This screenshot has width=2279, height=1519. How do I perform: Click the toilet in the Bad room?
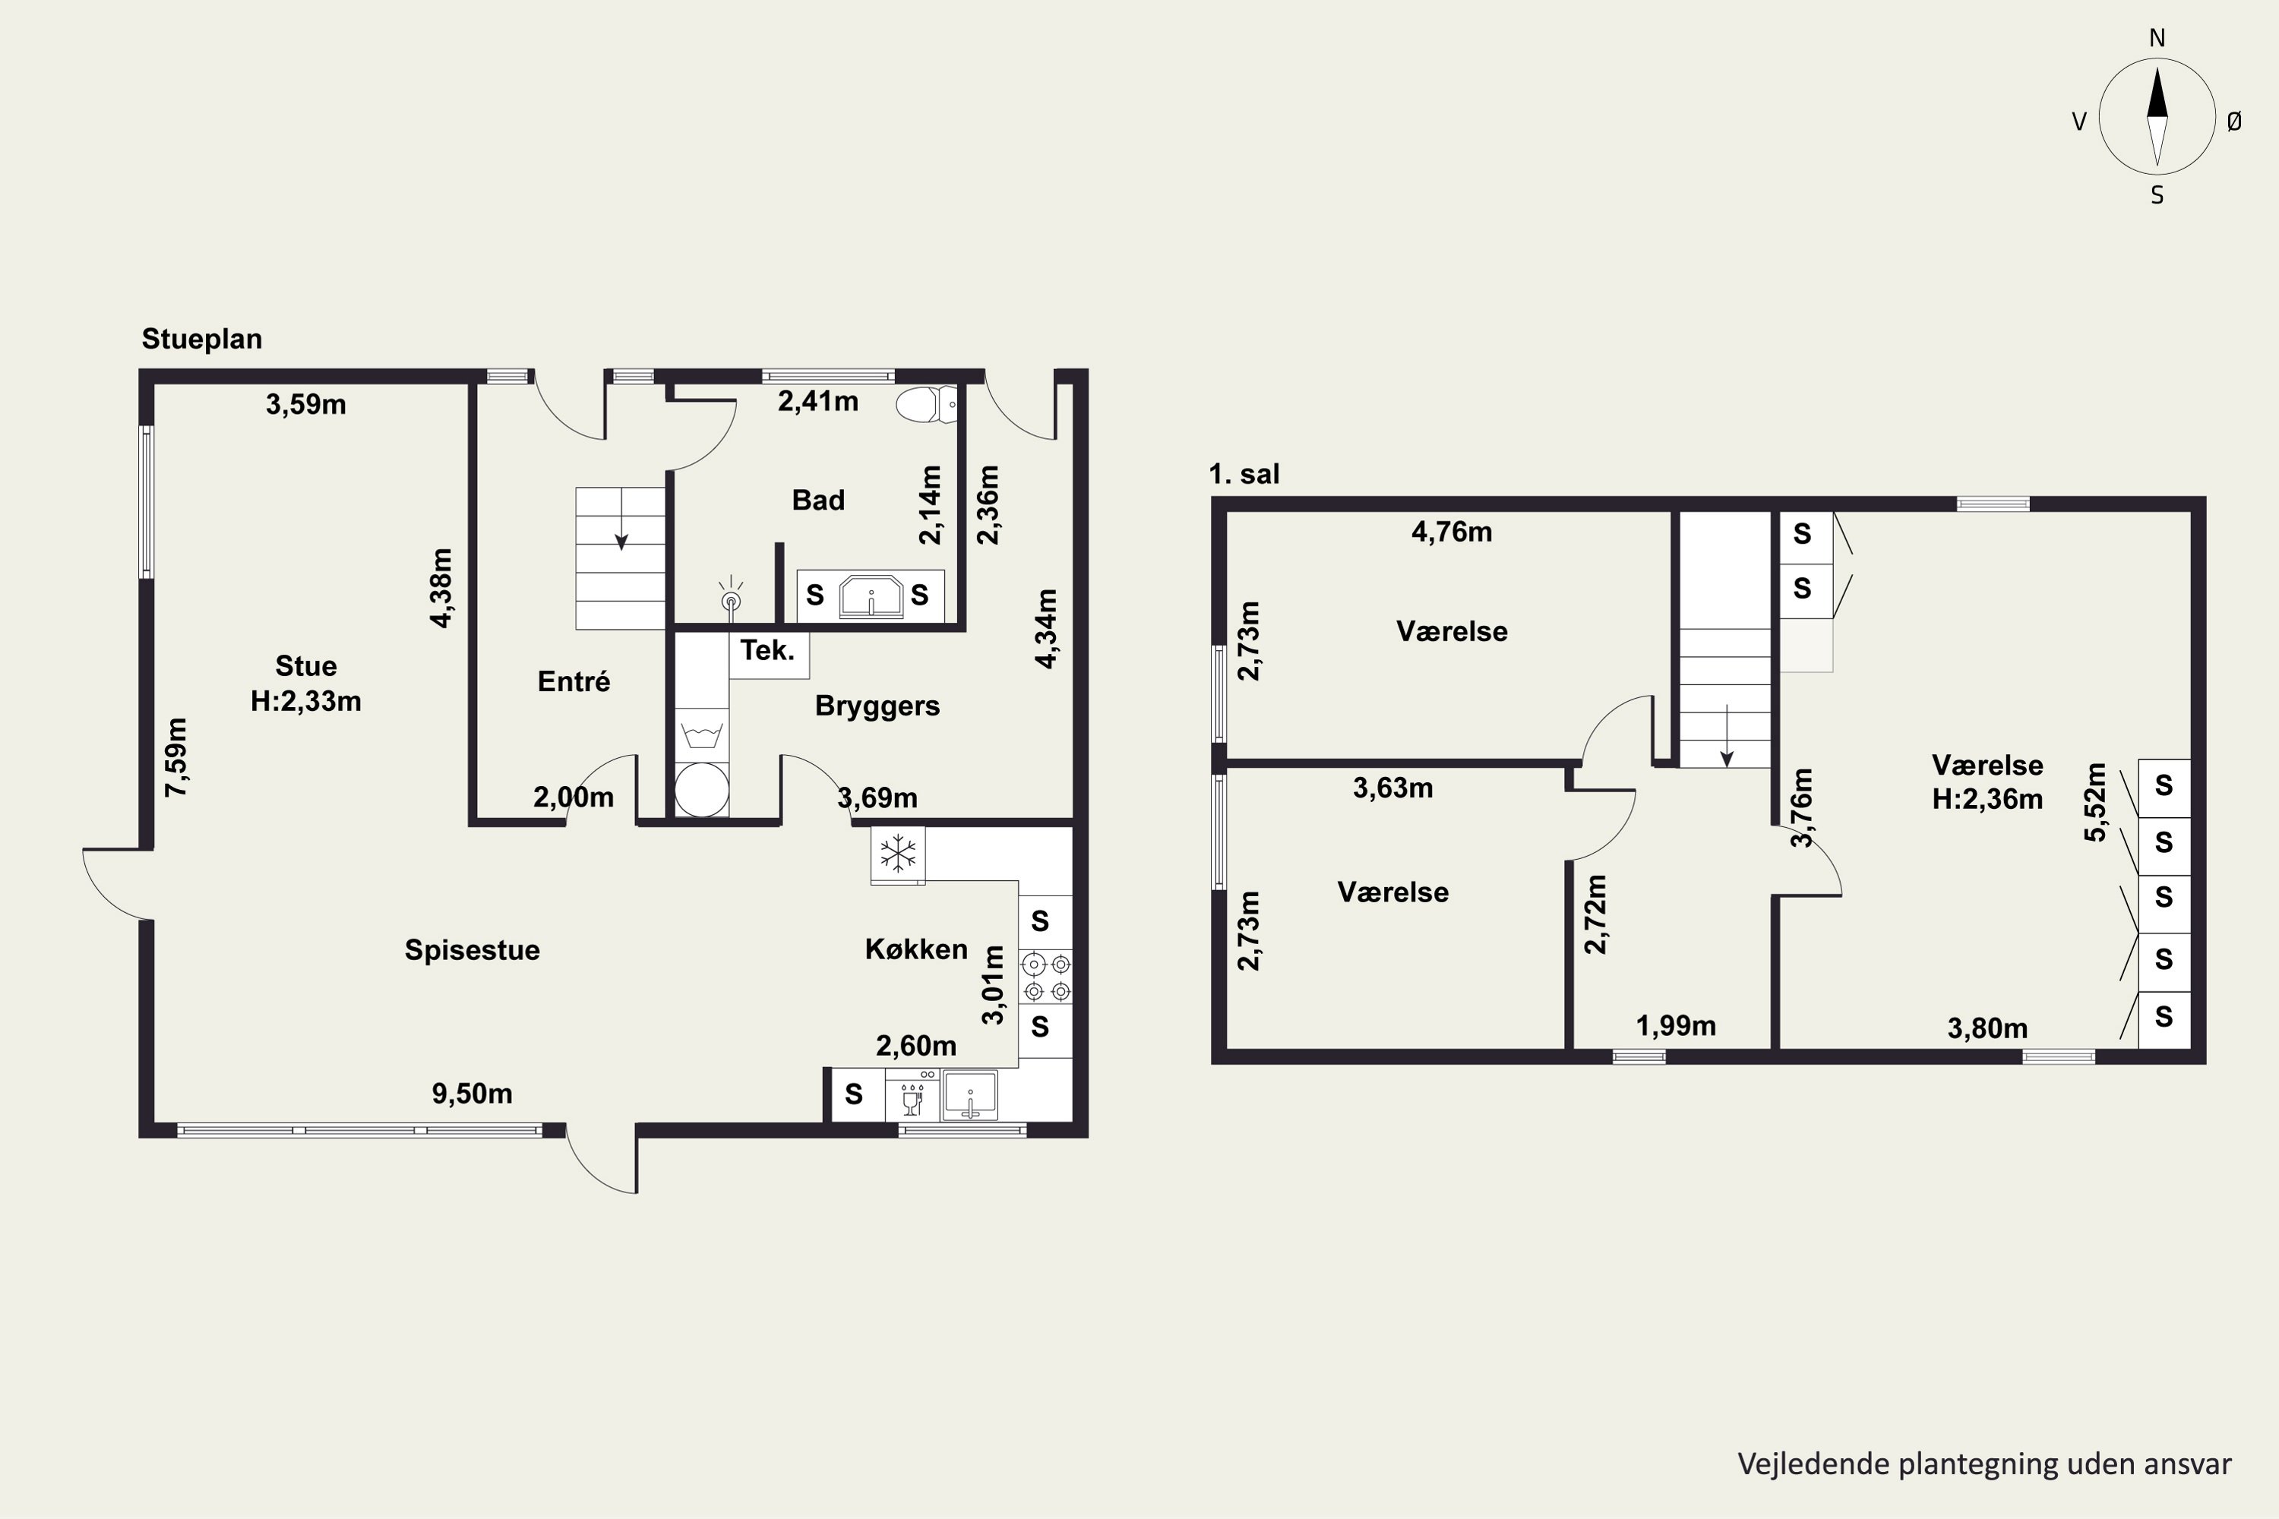[926, 404]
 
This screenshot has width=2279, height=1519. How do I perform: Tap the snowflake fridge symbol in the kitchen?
[898, 854]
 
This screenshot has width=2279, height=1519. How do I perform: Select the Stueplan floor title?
[201, 339]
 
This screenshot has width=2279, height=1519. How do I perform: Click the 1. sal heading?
[1244, 475]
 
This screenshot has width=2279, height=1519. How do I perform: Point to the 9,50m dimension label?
[472, 1094]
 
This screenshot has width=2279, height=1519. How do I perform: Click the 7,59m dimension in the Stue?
[176, 757]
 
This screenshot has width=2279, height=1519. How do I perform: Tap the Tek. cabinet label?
[767, 650]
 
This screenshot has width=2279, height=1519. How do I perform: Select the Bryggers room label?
[877, 706]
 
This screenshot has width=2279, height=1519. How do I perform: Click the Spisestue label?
[472, 950]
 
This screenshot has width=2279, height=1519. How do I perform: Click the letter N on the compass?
[2157, 38]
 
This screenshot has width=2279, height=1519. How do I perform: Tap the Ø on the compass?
[2234, 121]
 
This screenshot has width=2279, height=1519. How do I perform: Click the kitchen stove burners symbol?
[1048, 977]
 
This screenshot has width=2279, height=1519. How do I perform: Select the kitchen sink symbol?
[970, 1094]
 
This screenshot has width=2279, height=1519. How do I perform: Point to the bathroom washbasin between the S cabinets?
[870, 595]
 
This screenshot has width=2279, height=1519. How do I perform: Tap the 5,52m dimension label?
[2095, 802]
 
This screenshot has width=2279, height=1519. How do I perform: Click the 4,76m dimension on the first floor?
[1452, 532]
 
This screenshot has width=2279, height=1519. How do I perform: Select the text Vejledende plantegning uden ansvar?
[1984, 1464]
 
